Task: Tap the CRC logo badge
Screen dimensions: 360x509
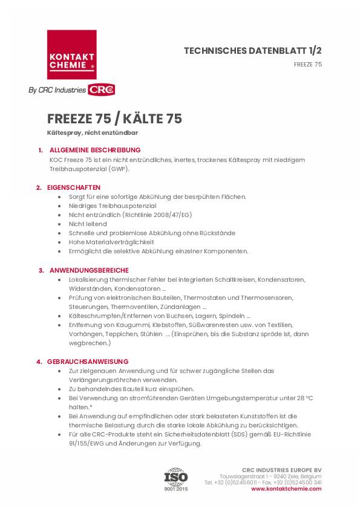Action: [x=101, y=90]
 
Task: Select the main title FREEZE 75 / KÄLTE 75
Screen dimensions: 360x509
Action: [x=114, y=118]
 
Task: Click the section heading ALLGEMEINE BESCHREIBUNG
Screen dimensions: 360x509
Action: [x=94, y=150]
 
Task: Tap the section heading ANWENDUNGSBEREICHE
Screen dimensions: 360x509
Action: [x=88, y=270]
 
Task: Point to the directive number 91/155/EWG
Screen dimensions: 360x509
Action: [x=90, y=443]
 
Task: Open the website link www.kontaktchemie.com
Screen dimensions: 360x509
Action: [x=286, y=489]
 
